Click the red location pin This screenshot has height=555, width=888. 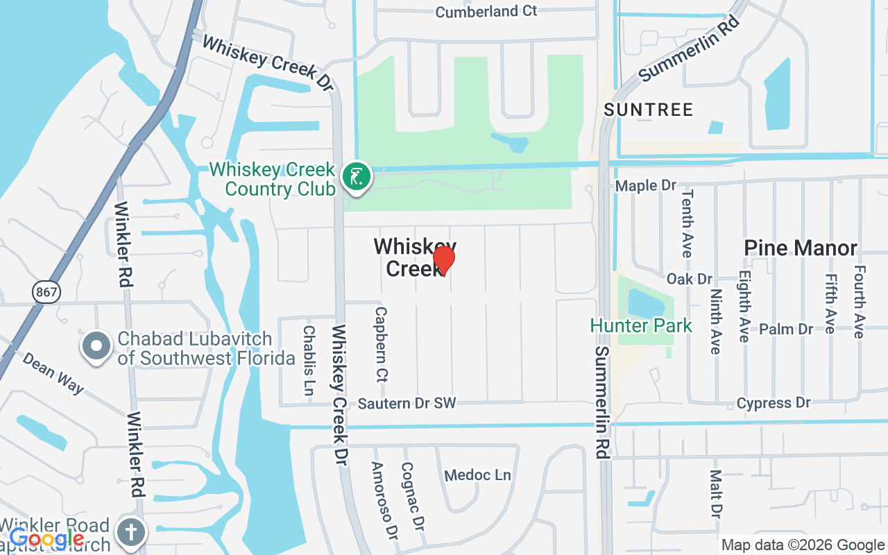click(443, 261)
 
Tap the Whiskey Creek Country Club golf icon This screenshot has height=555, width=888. click(357, 176)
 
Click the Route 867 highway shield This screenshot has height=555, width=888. click(46, 292)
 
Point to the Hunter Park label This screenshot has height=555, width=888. click(641, 325)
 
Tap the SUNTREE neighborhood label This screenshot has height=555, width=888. click(648, 110)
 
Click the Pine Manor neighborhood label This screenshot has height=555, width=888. click(801, 248)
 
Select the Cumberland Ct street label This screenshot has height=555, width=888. click(486, 11)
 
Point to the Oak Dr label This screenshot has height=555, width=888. click(689, 279)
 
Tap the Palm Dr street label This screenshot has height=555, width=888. click(786, 329)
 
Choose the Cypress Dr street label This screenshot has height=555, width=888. click(774, 403)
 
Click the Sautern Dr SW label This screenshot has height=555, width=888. click(407, 404)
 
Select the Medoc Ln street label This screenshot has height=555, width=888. click(477, 475)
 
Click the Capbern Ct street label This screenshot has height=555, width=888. click(381, 345)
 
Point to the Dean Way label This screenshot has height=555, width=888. click(53, 373)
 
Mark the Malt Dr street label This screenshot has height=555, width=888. click(715, 494)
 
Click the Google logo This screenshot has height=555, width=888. click(46, 538)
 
